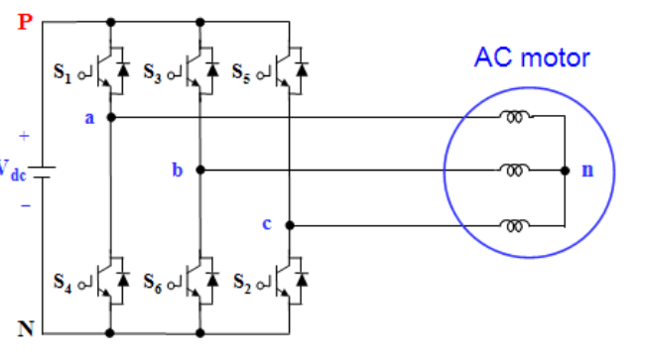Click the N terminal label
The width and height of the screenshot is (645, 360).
point(26,329)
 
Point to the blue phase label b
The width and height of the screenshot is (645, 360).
point(178,171)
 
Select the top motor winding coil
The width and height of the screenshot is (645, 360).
point(514,116)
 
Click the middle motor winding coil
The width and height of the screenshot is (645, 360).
point(514,170)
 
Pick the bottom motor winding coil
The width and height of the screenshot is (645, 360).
point(514,224)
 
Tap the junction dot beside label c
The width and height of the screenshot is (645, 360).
point(290,225)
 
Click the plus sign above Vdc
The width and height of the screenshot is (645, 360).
point(24,135)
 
